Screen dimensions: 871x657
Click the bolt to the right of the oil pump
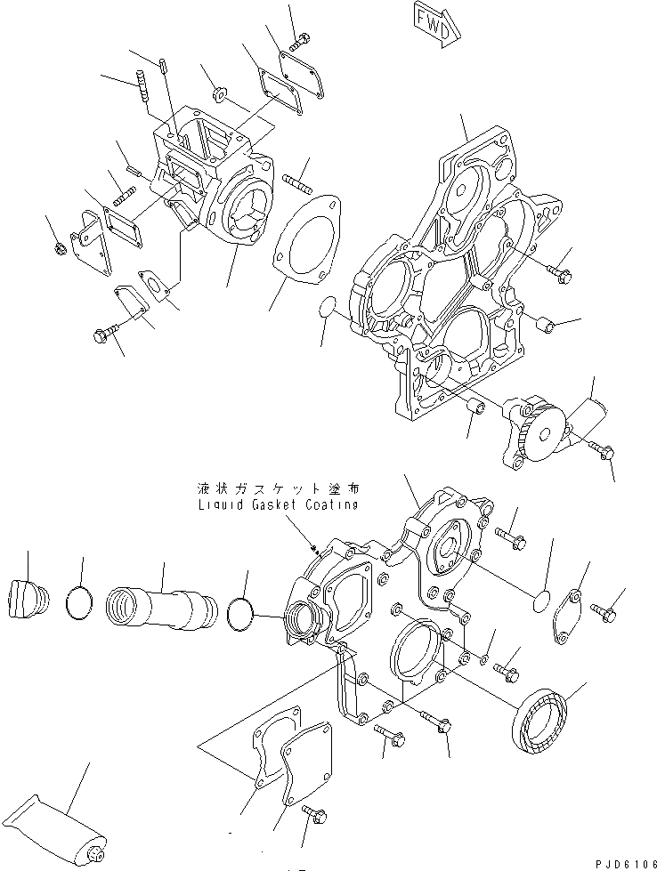601,452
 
